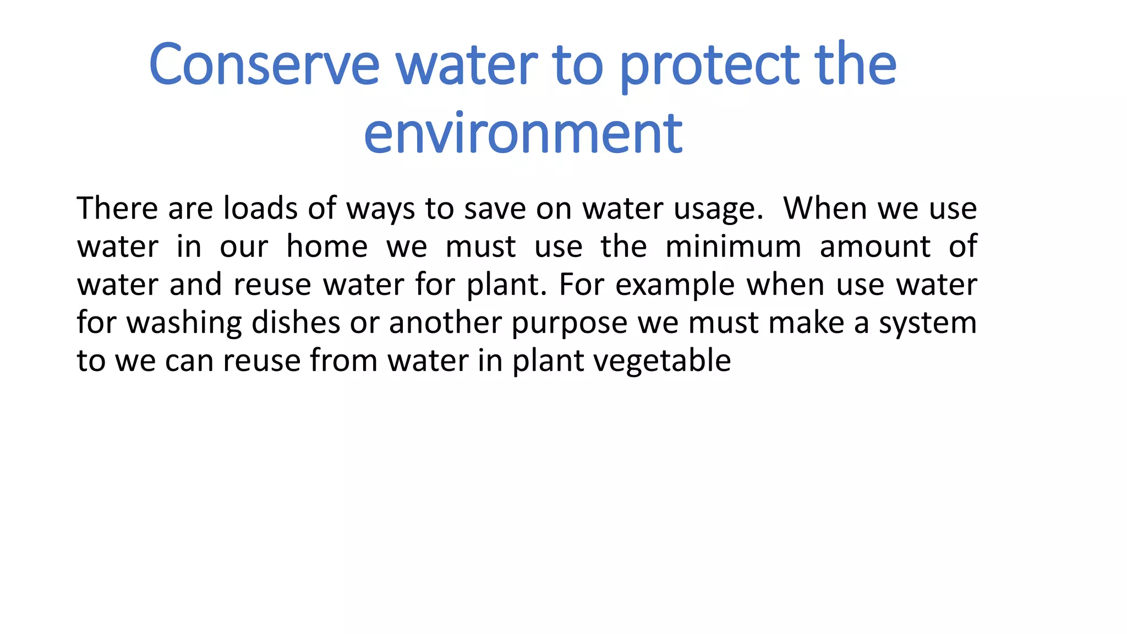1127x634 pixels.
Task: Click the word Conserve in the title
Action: [264, 65]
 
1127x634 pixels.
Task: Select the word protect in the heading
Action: [709, 65]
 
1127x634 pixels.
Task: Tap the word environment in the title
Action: [523, 133]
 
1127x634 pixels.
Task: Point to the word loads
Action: [260, 209]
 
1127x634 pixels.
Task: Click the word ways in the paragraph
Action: [380, 210]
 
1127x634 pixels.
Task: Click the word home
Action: [327, 247]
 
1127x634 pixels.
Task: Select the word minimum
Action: [733, 247]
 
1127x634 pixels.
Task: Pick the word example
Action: [675, 285]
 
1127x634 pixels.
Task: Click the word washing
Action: [184, 323]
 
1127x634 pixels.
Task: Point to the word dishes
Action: [296, 323]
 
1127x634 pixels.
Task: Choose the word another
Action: [445, 323]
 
